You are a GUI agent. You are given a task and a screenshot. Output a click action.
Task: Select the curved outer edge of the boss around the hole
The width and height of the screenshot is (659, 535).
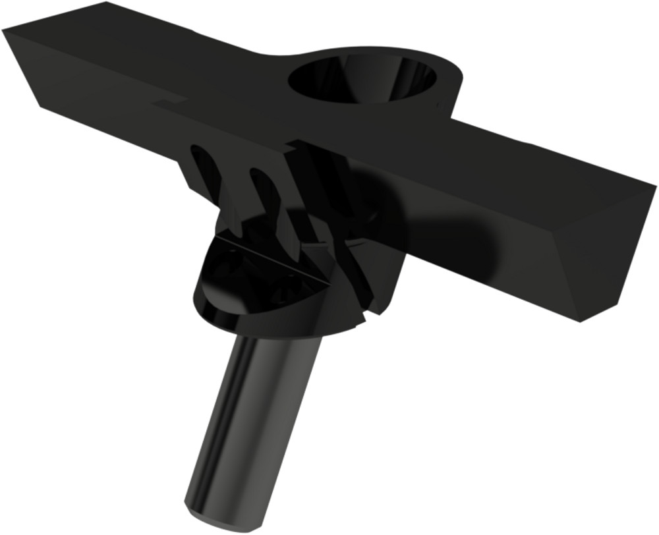(x=455, y=86)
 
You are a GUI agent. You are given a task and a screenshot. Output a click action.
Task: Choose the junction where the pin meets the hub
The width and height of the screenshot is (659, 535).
(x=277, y=337)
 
